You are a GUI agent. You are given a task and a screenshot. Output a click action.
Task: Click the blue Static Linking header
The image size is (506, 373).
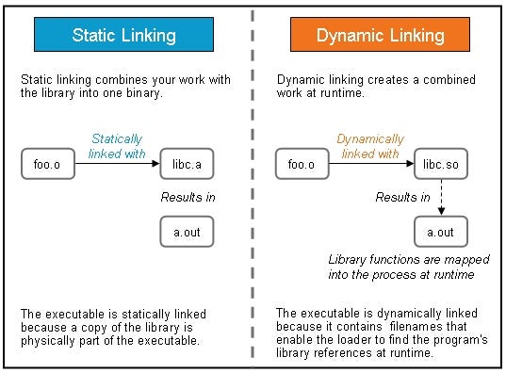click(x=124, y=36)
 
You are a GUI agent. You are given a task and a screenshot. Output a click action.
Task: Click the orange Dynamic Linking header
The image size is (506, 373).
click(x=381, y=36)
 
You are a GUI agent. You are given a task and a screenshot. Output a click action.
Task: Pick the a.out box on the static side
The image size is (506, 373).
click(x=187, y=230)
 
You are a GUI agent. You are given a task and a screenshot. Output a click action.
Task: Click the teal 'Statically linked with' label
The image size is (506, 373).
click(x=118, y=147)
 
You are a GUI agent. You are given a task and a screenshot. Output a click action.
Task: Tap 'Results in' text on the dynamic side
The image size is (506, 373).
click(x=402, y=198)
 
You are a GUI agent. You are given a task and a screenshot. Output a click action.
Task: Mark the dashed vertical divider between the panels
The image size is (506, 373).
click(x=253, y=188)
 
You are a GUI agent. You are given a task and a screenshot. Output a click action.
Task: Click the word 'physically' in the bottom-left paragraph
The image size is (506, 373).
click(x=43, y=339)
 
